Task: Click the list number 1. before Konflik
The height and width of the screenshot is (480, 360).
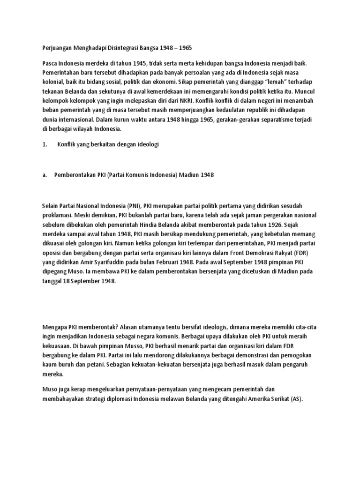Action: (x=45, y=145)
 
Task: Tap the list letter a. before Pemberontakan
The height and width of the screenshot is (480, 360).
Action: (x=45, y=175)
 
